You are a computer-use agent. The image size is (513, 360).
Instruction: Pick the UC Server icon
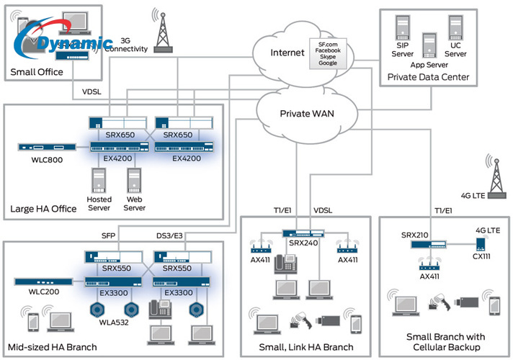click(x=455, y=28)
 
